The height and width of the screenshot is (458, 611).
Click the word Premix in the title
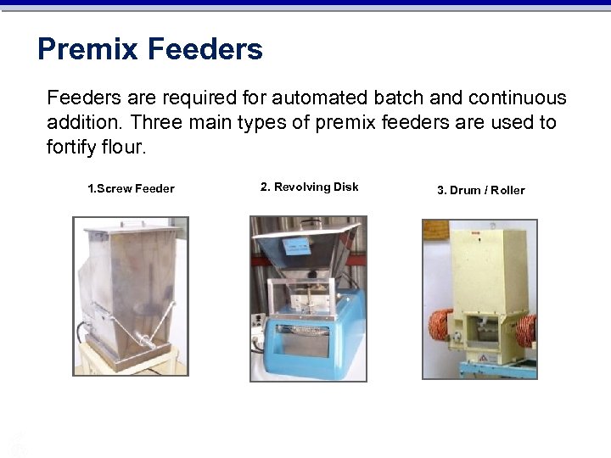click(x=87, y=49)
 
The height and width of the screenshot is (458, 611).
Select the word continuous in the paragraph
click(x=518, y=98)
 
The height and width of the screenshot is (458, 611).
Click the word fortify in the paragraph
click(x=72, y=147)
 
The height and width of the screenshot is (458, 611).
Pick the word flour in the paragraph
click(x=124, y=147)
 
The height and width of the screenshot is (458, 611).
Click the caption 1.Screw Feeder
click(x=131, y=188)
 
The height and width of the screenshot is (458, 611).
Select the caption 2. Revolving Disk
click(x=309, y=187)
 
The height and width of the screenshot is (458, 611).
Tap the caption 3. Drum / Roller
click(x=480, y=190)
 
